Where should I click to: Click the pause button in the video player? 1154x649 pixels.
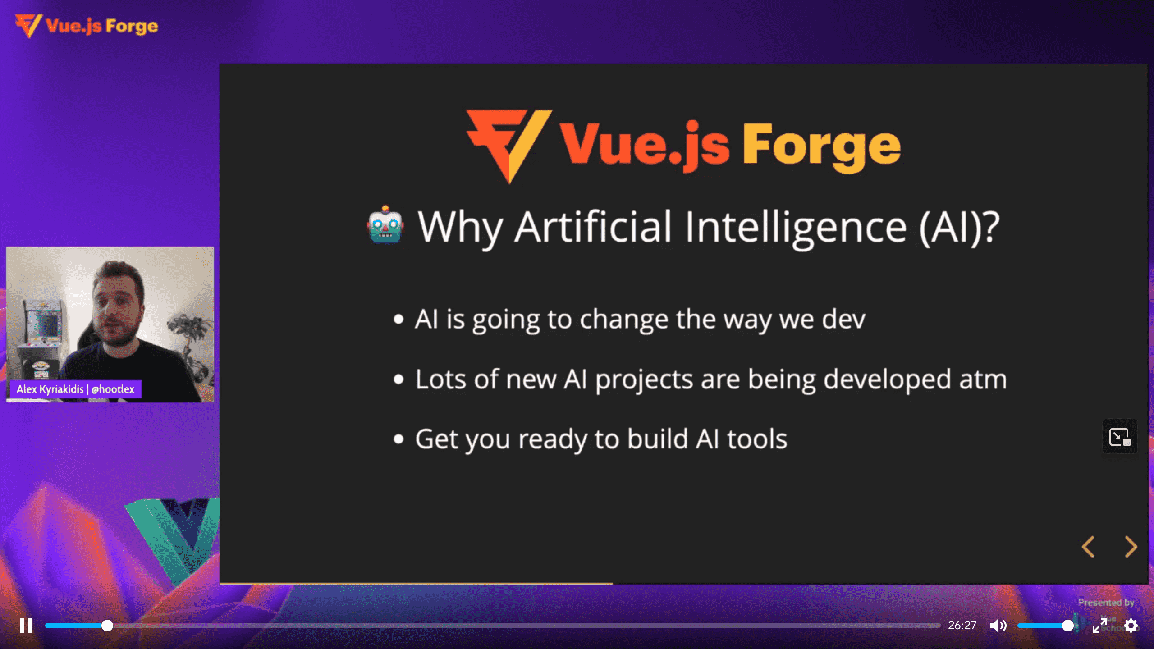(26, 626)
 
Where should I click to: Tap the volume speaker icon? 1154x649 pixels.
(998, 626)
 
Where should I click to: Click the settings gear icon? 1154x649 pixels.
(1131, 626)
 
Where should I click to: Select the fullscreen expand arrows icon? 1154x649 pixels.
(1100, 626)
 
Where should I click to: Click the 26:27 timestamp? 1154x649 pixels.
(962, 625)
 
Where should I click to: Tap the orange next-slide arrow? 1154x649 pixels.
(1131, 547)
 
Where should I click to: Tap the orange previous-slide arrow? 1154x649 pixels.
(1088, 547)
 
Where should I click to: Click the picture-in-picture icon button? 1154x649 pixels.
(1120, 437)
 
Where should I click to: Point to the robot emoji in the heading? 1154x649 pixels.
(385, 224)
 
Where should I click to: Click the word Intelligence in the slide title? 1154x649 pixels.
(796, 228)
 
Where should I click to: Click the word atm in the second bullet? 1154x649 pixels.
(983, 379)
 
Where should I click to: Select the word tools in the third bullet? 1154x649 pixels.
(757, 439)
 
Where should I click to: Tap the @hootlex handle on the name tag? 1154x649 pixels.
(113, 389)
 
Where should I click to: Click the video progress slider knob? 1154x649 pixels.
(107, 626)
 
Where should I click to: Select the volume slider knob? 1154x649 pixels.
(1067, 626)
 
